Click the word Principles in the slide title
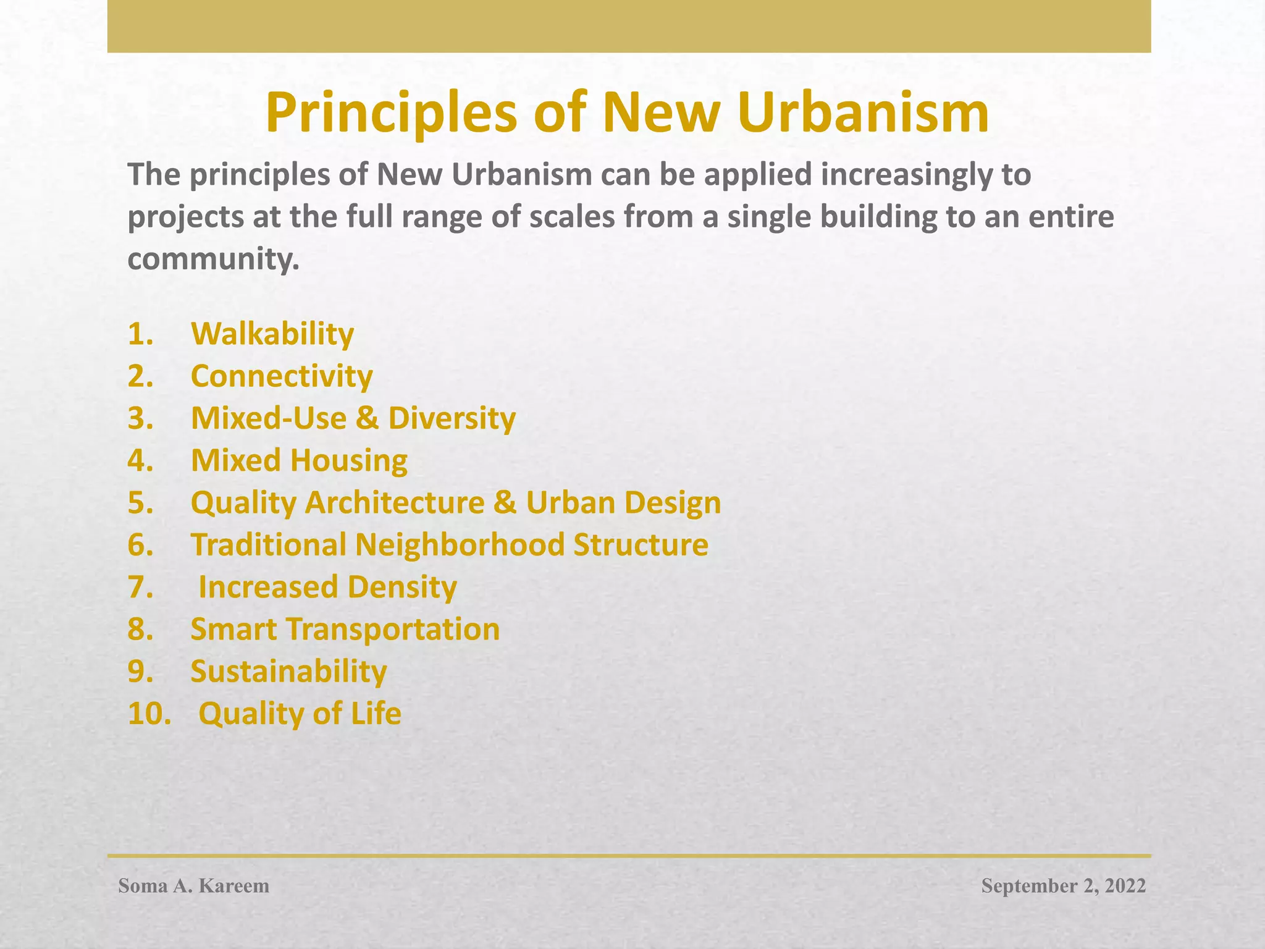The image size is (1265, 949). [x=391, y=113]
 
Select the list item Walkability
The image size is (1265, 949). [x=272, y=334]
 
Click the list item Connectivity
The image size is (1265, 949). [x=282, y=376]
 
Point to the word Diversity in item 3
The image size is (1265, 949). [x=452, y=418]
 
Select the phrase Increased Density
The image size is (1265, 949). [x=327, y=587]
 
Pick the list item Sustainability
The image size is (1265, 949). [x=288, y=672]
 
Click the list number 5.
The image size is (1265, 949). [x=140, y=503]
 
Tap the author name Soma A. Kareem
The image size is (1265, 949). [x=194, y=886]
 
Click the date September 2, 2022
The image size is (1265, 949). [x=1063, y=886]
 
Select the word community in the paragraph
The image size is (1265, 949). [x=213, y=259]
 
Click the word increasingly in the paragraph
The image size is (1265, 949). [x=907, y=175]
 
